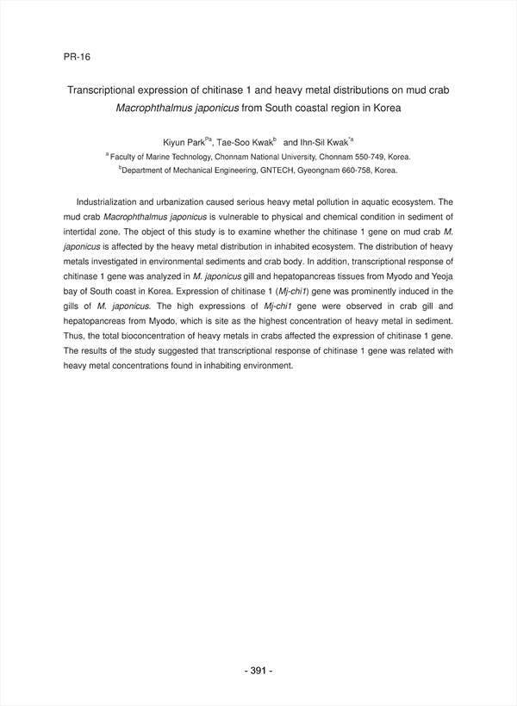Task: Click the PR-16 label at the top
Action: coord(77,57)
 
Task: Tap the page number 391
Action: coord(258,671)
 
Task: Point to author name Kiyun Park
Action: coord(184,141)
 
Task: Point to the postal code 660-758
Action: coord(354,171)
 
